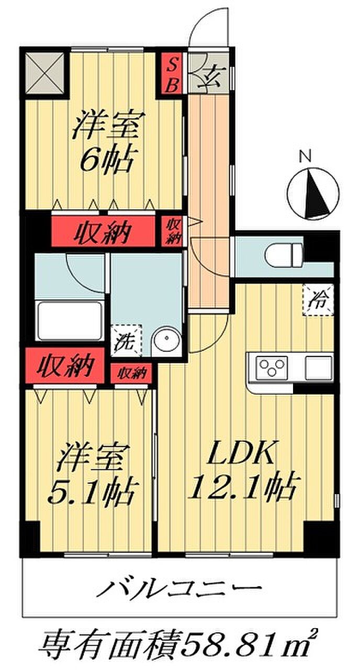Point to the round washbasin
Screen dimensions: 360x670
click(x=167, y=341)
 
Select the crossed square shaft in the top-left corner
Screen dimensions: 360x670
click(x=44, y=72)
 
